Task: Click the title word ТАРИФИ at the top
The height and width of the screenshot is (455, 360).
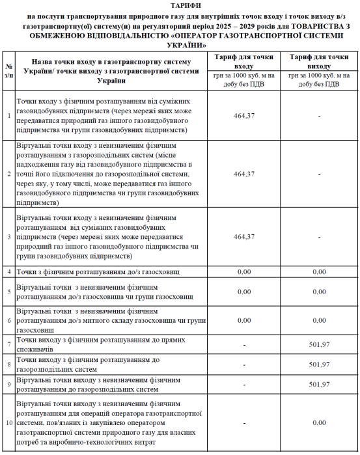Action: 179,5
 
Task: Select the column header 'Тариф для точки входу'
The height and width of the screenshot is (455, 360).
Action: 243,62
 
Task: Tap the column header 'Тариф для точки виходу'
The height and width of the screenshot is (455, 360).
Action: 319,62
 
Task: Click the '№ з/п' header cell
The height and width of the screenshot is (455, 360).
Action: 9,71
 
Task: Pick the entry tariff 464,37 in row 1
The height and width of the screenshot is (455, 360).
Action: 243,115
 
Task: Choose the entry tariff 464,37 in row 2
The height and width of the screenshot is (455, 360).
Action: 243,174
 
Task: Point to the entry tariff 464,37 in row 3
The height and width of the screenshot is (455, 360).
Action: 243,236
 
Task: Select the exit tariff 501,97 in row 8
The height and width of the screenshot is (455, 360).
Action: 319,364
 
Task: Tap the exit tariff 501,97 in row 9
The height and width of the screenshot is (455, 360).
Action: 319,385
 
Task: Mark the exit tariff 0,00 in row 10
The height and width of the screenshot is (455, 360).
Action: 319,423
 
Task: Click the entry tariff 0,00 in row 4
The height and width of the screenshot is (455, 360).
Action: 243,271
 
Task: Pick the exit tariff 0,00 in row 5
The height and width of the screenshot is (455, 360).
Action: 319,292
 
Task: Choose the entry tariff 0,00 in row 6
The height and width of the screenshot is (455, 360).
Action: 243,320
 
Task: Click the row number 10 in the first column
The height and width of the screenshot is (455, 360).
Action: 9,423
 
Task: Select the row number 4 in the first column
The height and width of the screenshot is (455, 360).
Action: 9,271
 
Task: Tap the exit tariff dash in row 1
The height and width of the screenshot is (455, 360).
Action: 319,115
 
